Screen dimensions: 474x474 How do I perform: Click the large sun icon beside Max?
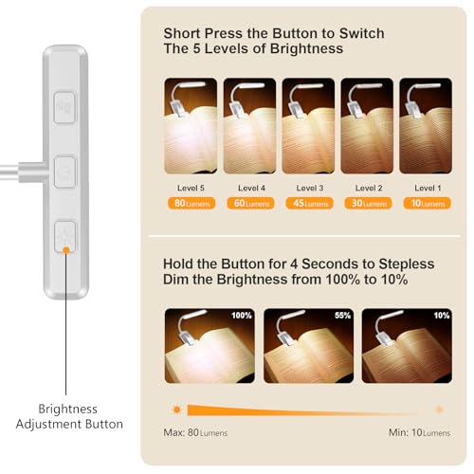(176, 410)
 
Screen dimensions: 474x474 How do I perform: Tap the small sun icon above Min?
(439, 410)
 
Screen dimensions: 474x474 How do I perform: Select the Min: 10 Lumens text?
(419, 432)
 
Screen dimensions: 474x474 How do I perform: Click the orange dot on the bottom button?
(66, 249)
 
